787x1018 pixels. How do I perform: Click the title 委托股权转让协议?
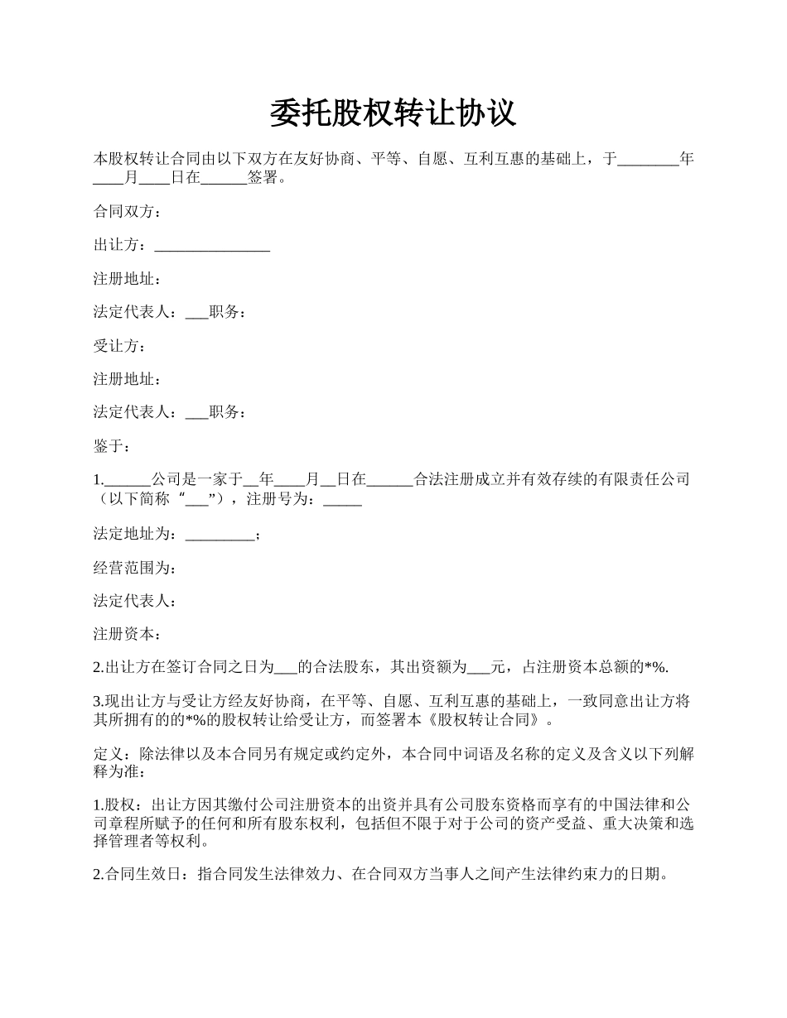[393, 113]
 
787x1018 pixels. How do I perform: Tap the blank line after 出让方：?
[212, 246]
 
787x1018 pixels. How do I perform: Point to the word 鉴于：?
[112, 446]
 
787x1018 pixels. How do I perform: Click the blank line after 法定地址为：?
[220, 535]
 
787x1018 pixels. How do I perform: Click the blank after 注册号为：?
[342, 500]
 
